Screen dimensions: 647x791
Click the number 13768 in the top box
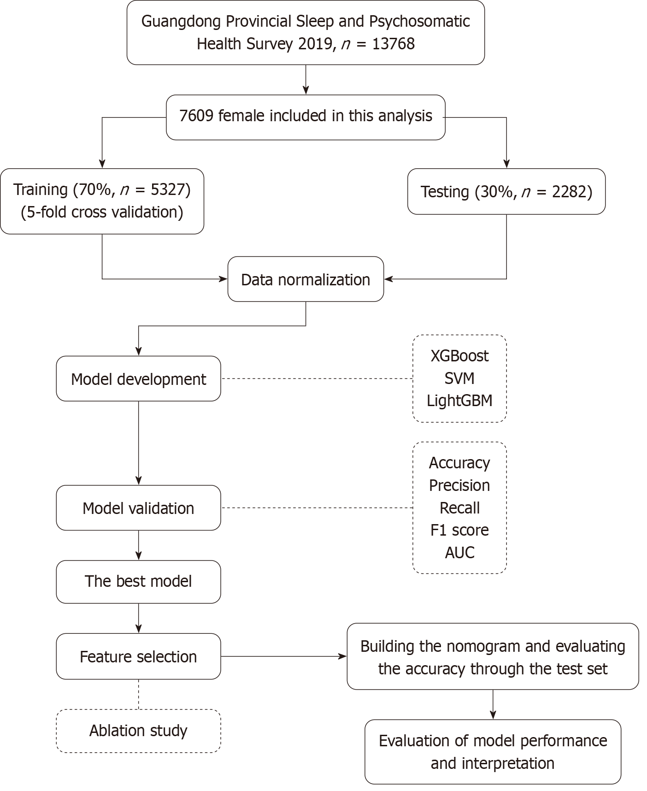pyautogui.click(x=394, y=44)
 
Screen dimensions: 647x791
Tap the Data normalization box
pyautogui.click(x=306, y=279)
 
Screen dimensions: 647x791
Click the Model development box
pyautogui.click(x=138, y=379)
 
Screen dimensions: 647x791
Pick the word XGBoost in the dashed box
pyautogui.click(x=459, y=356)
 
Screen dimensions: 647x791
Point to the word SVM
pyautogui.click(x=459, y=378)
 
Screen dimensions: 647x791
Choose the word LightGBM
pyautogui.click(x=459, y=401)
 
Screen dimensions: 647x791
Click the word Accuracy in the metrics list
pyautogui.click(x=459, y=463)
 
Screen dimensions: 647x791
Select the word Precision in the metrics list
pyautogui.click(x=459, y=485)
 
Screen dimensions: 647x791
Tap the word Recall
pyautogui.click(x=459, y=508)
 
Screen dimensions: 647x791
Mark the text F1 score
pyautogui.click(x=459, y=530)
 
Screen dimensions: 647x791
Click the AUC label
pyautogui.click(x=459, y=553)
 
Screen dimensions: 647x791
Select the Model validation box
pyautogui.click(x=138, y=508)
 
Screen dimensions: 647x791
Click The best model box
pyautogui.click(x=138, y=582)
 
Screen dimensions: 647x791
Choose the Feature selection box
pyautogui.click(x=138, y=656)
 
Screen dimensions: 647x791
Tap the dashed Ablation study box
pyautogui.click(x=138, y=731)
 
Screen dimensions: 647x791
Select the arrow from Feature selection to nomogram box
pyautogui.click(x=284, y=656)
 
